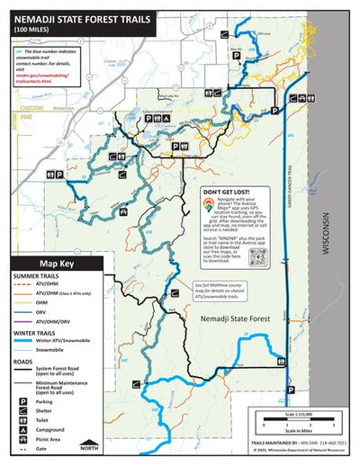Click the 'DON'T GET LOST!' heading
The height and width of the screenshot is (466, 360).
pos(227,193)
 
